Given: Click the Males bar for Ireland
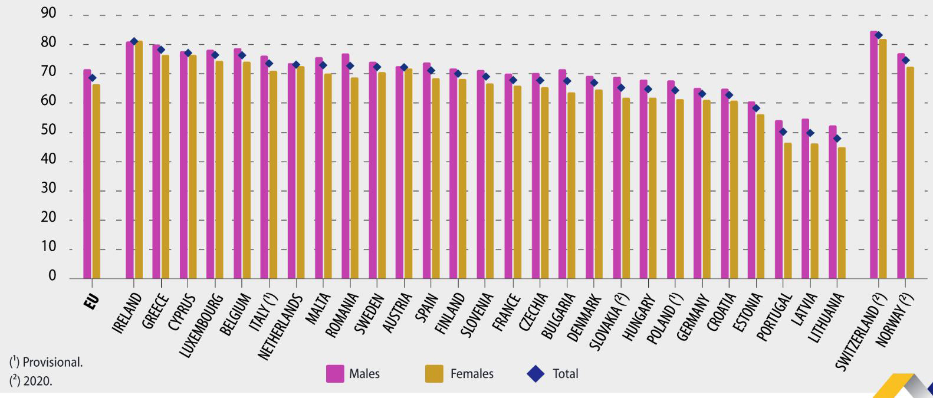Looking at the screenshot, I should point(129,159).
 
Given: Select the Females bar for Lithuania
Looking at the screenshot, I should point(842,212).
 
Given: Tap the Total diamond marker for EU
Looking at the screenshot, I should point(92,78).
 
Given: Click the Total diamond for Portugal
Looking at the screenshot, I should point(783,132).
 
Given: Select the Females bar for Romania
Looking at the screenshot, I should point(354,177).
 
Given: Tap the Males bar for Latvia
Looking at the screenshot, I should point(805,198).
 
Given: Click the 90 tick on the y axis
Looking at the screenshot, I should point(48,14).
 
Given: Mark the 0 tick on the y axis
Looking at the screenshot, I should point(52,276).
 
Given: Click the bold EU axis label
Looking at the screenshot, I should point(92,300).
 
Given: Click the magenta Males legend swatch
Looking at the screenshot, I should point(335,374).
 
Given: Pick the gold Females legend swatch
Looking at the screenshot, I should point(434,374).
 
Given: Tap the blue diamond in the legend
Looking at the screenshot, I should point(536,374).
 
